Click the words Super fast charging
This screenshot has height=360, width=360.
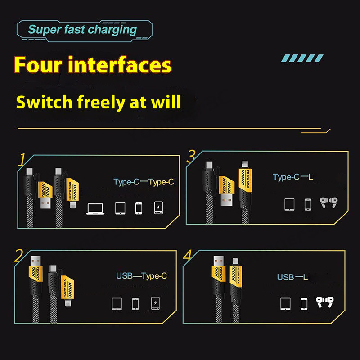tap(82, 30)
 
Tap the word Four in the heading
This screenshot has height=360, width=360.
tap(38, 65)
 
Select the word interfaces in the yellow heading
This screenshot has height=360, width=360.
tap(120, 65)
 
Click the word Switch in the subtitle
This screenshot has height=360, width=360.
tap(44, 102)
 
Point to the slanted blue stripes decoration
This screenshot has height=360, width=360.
tap(302, 58)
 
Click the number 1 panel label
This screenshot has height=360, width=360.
tap(22, 160)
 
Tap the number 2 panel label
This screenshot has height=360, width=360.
tap(18, 256)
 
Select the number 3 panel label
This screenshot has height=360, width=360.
tap(191, 156)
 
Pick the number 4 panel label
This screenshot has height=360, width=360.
tap(187, 255)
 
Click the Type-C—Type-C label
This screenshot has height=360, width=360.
tap(144, 182)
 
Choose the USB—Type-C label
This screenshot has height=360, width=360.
tap(141, 276)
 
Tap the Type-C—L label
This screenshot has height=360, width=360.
tap(293, 177)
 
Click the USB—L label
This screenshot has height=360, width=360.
tap(292, 277)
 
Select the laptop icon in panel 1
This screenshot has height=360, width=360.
tap(95, 209)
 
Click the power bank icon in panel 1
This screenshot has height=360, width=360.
tap(159, 208)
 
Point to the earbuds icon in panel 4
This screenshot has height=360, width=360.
tap(324, 302)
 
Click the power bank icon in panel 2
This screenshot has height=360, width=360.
tap(155, 303)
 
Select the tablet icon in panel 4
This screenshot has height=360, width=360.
tap(285, 304)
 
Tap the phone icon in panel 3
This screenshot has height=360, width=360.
tap(308, 205)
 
